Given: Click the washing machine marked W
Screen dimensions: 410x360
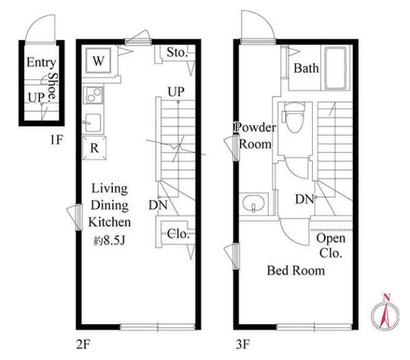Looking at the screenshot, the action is click(x=99, y=61).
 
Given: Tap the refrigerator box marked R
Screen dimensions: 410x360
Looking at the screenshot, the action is click(x=94, y=148).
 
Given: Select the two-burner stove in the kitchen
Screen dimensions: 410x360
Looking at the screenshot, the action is click(x=93, y=95).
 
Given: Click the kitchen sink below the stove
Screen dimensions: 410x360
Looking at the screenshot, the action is click(x=92, y=123).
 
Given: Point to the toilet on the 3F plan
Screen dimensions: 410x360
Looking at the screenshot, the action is click(x=295, y=118).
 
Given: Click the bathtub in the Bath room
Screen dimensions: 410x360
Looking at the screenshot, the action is click(x=336, y=69).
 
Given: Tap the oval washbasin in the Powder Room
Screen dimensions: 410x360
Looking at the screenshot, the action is click(x=253, y=204).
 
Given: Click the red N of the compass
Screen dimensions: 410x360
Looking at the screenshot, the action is click(x=386, y=297).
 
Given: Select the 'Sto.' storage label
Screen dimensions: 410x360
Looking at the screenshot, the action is click(x=178, y=52).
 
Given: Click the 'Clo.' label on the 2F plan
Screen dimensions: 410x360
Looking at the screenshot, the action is click(x=178, y=233).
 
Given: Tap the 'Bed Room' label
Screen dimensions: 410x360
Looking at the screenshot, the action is click(x=296, y=270).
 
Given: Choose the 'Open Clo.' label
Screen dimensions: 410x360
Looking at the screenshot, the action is click(x=331, y=246).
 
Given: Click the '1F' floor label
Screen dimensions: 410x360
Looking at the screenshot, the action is click(x=57, y=140).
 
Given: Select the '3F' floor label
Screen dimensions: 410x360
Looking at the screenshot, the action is click(x=243, y=344).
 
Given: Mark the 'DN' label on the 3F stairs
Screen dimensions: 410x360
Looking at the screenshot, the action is click(x=304, y=200).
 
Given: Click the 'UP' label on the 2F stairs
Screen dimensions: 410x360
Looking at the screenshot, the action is click(x=176, y=92).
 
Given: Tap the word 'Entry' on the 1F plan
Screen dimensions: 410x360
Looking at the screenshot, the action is click(x=41, y=62).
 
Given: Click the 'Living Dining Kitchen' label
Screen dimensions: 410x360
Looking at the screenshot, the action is click(x=110, y=205).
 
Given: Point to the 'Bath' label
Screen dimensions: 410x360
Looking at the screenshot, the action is click(x=306, y=68).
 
